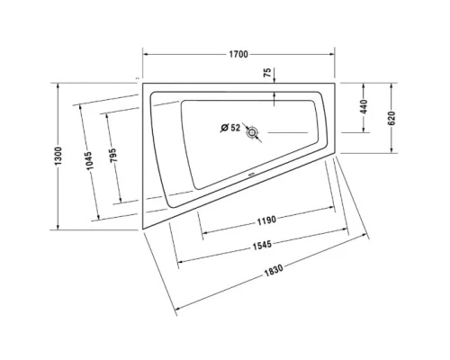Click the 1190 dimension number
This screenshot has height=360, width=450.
[x=265, y=220]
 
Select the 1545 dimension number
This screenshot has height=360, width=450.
[x=262, y=245]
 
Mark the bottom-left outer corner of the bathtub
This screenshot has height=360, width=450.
[x=141, y=230]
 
